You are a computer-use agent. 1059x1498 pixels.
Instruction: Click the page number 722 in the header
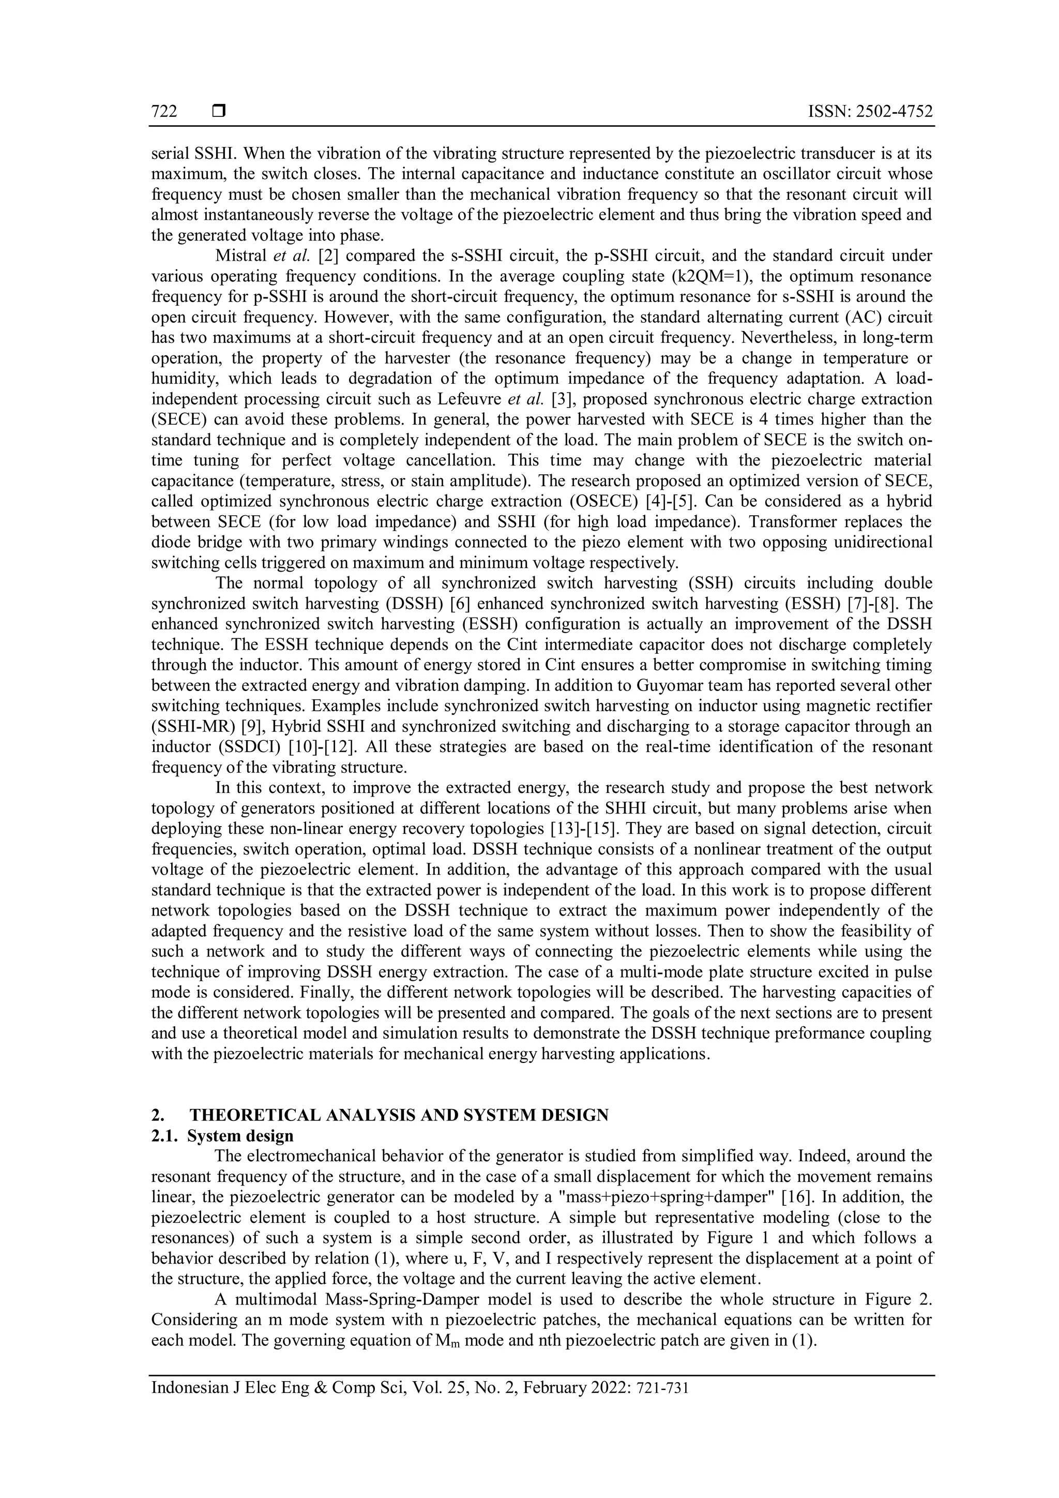coord(164,112)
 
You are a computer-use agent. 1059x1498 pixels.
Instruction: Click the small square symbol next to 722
coord(218,112)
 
